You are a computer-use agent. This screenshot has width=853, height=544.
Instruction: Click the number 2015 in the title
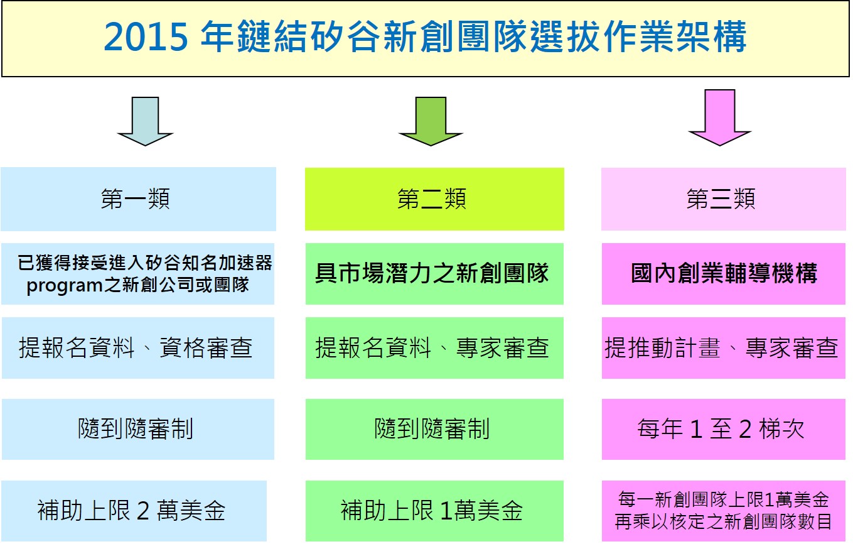(146, 36)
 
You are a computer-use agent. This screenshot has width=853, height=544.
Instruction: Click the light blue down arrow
(145, 121)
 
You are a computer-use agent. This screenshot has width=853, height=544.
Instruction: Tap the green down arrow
(431, 121)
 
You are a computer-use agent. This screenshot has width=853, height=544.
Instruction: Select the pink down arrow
(720, 117)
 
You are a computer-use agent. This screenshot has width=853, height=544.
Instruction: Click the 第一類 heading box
(138, 199)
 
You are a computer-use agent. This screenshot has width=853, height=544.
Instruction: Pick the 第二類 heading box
(434, 199)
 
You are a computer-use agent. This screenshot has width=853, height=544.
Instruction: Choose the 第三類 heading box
(724, 199)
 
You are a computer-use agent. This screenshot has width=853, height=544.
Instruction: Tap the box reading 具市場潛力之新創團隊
(434, 274)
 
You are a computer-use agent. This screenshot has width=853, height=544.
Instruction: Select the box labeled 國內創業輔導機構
(724, 274)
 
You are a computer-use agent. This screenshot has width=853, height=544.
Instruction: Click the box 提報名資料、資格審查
(138, 348)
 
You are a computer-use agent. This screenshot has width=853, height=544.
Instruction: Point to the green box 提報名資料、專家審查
(434, 348)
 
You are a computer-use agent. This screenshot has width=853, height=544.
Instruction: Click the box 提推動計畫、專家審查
(724, 348)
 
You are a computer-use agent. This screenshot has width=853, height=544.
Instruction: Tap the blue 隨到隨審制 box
(138, 429)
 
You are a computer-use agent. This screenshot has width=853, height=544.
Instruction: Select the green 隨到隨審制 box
(434, 429)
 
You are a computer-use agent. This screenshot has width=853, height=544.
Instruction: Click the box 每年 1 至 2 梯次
(724, 429)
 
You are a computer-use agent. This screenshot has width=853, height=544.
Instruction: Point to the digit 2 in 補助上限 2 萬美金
(143, 511)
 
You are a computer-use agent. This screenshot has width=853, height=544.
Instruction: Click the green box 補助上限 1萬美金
(434, 511)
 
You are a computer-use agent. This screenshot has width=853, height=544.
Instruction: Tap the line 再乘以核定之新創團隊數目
(723, 521)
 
